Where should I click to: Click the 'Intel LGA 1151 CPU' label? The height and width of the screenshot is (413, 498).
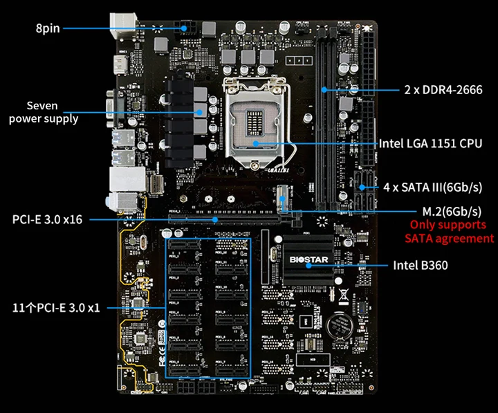430,144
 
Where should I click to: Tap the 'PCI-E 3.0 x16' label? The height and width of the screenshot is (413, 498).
47,220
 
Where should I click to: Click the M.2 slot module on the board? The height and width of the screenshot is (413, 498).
284,199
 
